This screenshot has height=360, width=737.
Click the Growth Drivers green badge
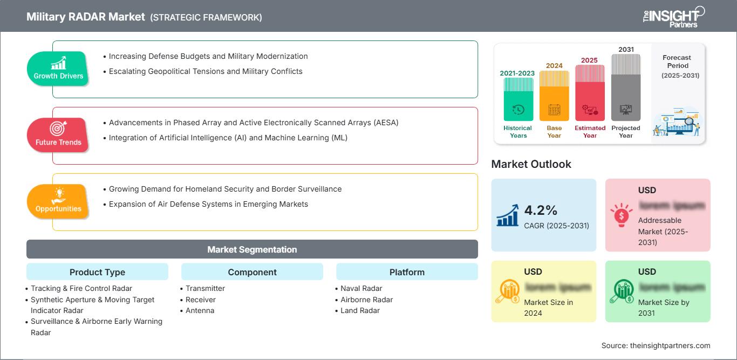point(58,68)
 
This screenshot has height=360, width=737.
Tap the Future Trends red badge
point(58,134)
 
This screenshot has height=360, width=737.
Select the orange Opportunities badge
point(58,201)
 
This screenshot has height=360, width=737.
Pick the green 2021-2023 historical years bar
point(518,99)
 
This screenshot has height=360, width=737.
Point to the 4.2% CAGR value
point(541,210)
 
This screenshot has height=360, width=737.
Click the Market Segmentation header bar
point(252,249)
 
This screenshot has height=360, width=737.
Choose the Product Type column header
point(97,272)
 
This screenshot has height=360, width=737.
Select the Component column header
point(252,272)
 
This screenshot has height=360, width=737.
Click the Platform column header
point(407,272)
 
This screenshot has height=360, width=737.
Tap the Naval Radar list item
point(361,288)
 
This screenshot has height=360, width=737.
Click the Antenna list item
point(200,310)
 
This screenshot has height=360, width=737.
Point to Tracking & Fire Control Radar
point(81,288)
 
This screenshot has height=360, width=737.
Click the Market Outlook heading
point(531,164)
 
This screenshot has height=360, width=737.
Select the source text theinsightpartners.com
point(656,345)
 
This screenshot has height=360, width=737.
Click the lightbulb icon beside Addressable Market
point(621,215)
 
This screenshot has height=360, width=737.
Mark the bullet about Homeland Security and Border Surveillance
point(225,189)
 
